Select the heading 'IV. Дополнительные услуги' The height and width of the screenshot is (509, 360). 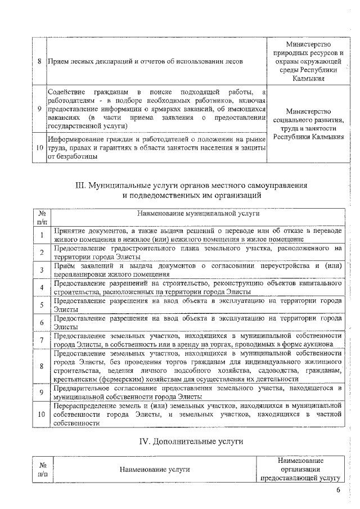click(x=191, y=442)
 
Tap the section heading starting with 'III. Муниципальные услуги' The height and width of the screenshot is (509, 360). click(x=192, y=190)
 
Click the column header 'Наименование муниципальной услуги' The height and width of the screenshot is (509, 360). click(x=199, y=214)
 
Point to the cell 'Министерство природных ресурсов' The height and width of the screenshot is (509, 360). click(x=308, y=61)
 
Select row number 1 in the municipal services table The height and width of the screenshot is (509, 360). click(x=42, y=235)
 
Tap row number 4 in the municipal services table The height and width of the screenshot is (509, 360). click(x=42, y=289)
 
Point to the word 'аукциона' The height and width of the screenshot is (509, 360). click(x=325, y=344)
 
